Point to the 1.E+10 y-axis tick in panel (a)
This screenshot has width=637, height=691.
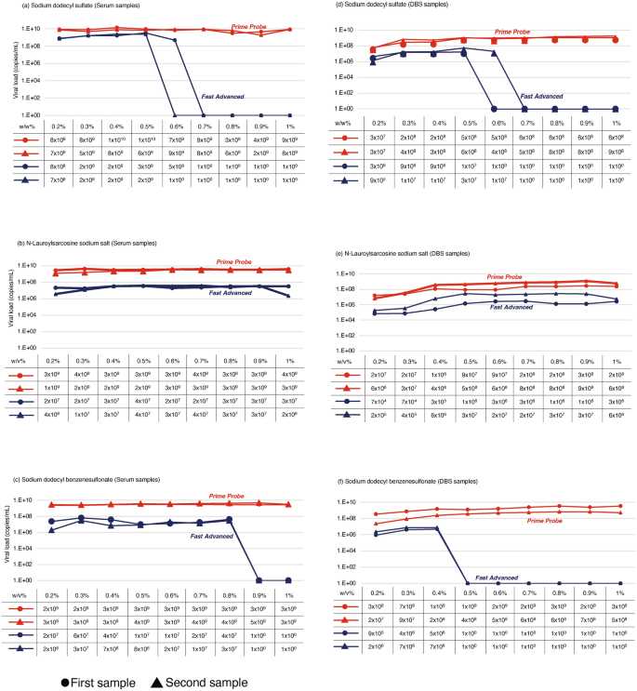[x=31, y=29]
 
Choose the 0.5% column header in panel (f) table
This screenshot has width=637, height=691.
[x=470, y=591]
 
